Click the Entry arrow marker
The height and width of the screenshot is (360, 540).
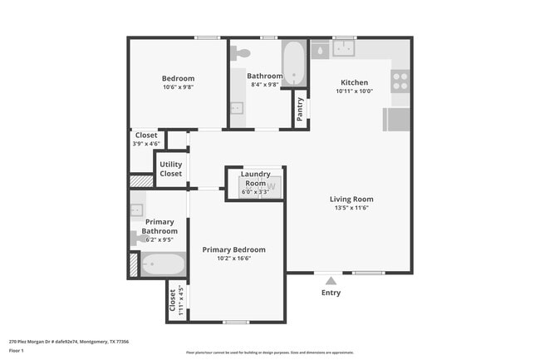[331, 280]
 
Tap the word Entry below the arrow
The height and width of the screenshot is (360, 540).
[331, 293]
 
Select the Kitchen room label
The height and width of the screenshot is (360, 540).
[355, 81]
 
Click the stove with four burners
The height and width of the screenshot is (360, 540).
[400, 81]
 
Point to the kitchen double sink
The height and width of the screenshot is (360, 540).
[344, 48]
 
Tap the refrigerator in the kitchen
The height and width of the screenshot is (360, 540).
[396, 120]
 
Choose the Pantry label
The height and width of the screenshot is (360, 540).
[299, 109]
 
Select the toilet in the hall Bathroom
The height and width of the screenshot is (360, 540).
[242, 52]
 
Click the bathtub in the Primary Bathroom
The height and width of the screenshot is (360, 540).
[163, 265]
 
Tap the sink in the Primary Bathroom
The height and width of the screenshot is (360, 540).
[136, 210]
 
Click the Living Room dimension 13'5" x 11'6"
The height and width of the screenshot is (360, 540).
[351, 208]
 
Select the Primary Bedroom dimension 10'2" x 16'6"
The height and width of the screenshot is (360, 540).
[233, 259]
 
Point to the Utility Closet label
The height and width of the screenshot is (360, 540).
[171, 169]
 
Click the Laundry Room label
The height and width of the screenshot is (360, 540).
[255, 178]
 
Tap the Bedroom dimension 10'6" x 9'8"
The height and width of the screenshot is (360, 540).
[178, 87]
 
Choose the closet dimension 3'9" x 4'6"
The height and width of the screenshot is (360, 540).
[145, 144]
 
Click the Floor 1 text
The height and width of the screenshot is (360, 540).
[17, 351]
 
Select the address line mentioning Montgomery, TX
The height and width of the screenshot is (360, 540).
[68, 341]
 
